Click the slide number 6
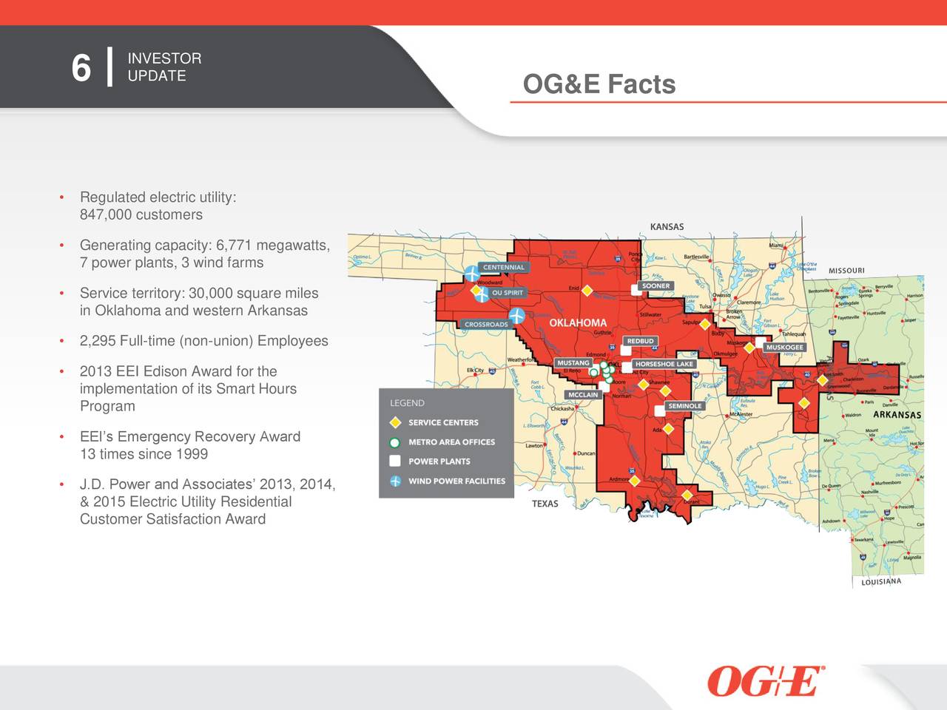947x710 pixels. (81, 69)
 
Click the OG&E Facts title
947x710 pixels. (599, 84)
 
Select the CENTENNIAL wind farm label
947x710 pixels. (504, 268)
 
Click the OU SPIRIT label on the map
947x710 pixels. (508, 293)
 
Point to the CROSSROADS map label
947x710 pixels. (486, 325)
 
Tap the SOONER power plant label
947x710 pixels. (656, 285)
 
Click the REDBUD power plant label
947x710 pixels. (640, 341)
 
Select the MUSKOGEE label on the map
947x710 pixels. (784, 348)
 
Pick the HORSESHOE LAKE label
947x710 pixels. (664, 364)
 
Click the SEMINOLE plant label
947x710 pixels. (684, 406)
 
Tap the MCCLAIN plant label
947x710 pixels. (583, 395)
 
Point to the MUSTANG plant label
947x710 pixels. (573, 363)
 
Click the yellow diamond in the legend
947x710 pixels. (395, 423)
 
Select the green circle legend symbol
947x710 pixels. (395, 442)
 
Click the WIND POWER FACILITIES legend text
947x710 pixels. (456, 481)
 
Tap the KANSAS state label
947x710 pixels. (667, 227)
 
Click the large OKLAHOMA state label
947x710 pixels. (578, 323)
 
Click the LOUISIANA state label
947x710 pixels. (881, 582)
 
